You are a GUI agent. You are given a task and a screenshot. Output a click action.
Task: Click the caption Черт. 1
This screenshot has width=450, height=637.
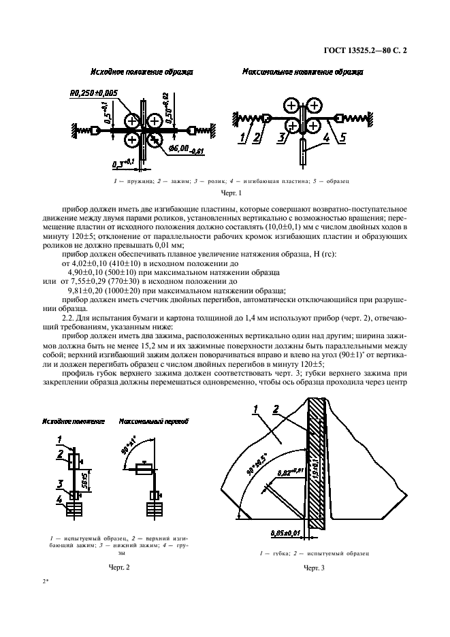pyautogui.click(x=225, y=193)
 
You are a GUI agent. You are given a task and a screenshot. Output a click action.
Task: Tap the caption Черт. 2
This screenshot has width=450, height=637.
pyautogui.click(x=119, y=566)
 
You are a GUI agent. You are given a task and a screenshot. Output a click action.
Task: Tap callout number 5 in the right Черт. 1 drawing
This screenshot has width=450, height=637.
pyautogui.click(x=342, y=139)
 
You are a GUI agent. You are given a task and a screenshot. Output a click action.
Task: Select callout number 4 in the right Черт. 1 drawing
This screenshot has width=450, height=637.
pyautogui.click(x=326, y=139)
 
